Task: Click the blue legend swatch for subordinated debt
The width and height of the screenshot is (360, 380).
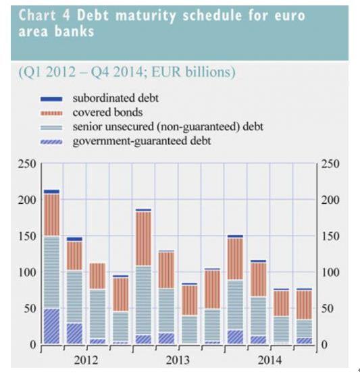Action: (51, 99)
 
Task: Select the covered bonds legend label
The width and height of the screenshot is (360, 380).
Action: (107, 112)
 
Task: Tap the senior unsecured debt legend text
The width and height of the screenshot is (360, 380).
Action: (168, 127)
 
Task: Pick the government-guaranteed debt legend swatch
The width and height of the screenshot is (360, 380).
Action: (51, 142)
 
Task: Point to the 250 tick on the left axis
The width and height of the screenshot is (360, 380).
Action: (27, 164)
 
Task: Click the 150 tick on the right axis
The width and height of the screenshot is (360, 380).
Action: (330, 236)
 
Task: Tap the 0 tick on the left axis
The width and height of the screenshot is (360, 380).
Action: (32, 345)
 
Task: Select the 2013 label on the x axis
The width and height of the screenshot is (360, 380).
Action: (178, 360)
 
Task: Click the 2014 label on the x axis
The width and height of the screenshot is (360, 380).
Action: (269, 360)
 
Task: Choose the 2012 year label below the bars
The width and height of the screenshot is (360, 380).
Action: (86, 360)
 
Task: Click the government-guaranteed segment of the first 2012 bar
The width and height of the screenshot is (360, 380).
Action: (51, 326)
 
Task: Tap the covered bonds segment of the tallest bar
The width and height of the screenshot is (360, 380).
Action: (51, 215)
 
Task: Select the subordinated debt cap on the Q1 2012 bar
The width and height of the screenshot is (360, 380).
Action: (51, 192)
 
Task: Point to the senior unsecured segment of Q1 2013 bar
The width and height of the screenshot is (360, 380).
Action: (143, 300)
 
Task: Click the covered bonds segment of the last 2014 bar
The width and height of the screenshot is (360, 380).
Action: (304, 305)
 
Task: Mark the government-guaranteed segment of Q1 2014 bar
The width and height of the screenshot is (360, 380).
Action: (235, 337)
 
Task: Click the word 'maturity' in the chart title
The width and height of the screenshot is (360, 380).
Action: (145, 16)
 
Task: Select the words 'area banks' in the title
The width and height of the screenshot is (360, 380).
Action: (56, 31)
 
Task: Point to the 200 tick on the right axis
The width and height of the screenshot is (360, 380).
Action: (330, 200)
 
